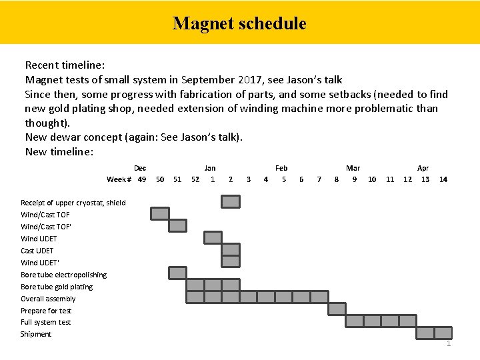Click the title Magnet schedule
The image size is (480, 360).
point(239,24)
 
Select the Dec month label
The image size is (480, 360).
point(140,168)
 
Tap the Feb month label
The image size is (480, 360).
point(281,168)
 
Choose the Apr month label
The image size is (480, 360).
point(423,168)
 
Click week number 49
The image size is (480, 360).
point(142,179)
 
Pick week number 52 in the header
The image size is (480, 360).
point(195,179)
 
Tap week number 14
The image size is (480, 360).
point(443,179)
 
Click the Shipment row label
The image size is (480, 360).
point(36,334)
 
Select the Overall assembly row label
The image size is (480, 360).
point(48,299)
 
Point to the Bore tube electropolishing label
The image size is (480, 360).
point(63,275)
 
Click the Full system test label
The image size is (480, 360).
point(45,322)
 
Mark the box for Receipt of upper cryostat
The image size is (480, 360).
point(231,201)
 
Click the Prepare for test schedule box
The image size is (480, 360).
point(337,309)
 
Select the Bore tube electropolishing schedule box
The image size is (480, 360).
point(177,273)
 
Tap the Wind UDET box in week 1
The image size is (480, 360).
point(213,237)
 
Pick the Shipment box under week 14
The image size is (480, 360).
point(443,333)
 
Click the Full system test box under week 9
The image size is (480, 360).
point(355,321)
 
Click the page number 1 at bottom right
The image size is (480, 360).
point(449,344)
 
